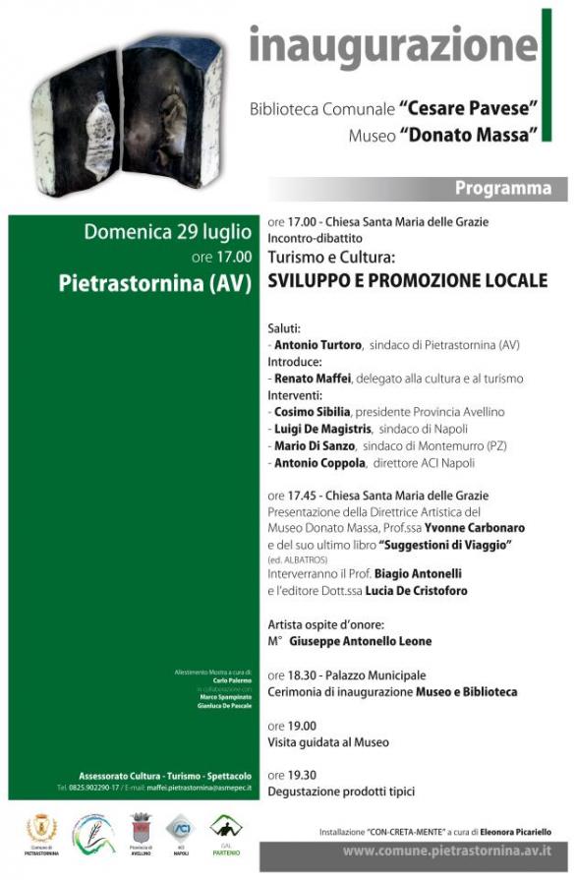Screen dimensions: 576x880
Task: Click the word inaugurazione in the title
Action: [x=393, y=45]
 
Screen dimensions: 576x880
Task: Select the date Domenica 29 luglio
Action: [x=167, y=233]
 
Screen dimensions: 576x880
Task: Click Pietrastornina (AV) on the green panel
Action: [x=155, y=283]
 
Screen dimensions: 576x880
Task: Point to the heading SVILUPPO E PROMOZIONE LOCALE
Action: [x=407, y=280]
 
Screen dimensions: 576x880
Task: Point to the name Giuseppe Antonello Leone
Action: [x=361, y=641]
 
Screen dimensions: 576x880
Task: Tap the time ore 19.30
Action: [x=290, y=776]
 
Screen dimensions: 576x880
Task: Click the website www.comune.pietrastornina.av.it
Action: [x=446, y=851]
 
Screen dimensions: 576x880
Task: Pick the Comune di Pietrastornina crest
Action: [x=42, y=829]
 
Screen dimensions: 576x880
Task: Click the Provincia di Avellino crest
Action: [x=140, y=829]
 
